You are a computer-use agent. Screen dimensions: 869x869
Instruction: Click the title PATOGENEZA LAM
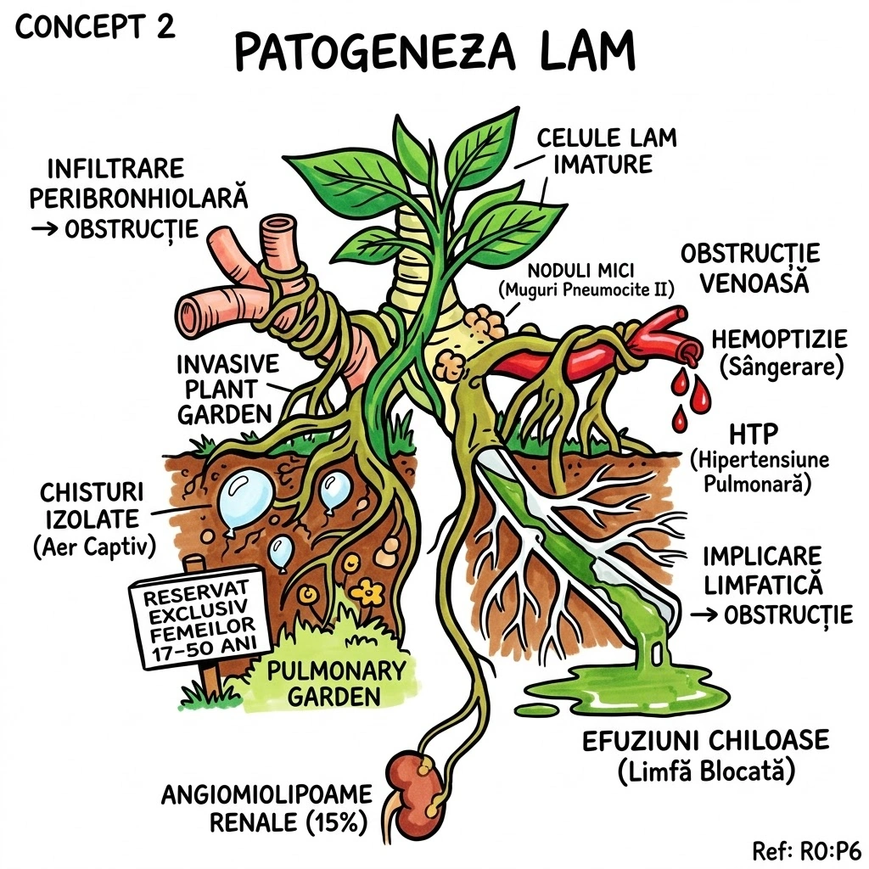coord(434,53)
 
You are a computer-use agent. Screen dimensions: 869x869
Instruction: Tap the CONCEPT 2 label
coord(95,26)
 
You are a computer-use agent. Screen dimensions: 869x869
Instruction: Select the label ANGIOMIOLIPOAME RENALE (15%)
coord(267,809)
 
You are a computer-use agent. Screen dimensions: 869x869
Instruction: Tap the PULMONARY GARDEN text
coord(336,684)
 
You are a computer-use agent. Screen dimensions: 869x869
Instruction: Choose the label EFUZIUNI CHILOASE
coord(705,739)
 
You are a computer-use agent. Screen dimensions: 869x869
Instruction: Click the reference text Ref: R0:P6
coord(806,850)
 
